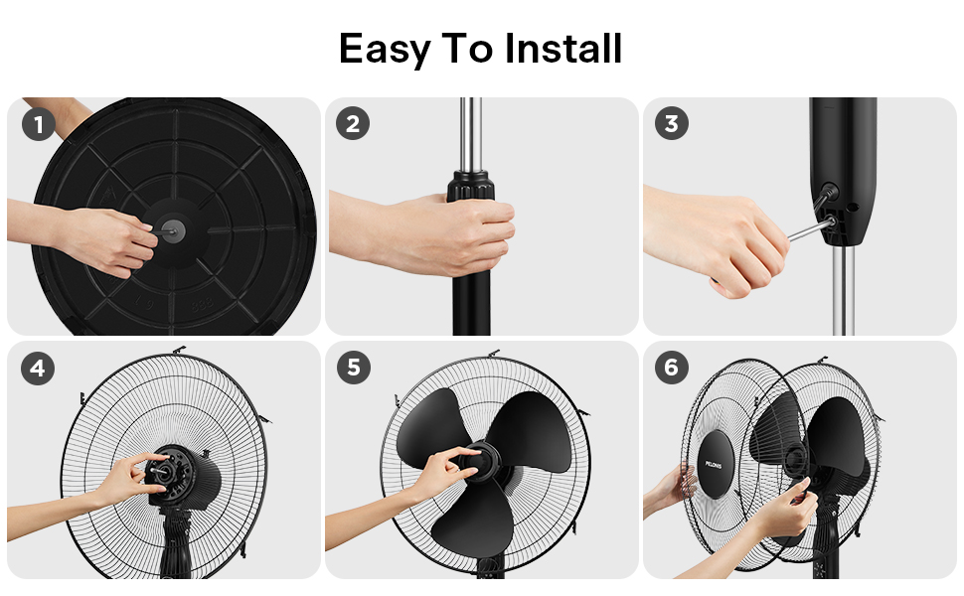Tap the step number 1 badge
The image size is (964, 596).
pos(38,124)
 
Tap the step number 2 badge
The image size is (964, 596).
pos(353,124)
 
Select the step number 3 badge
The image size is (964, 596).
pos(672,124)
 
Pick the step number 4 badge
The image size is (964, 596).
pos(38,369)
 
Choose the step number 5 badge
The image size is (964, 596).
pos(353,369)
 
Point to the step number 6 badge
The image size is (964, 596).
pos(672,369)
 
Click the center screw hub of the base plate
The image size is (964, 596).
pos(167,226)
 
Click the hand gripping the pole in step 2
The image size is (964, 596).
pos(437,233)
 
